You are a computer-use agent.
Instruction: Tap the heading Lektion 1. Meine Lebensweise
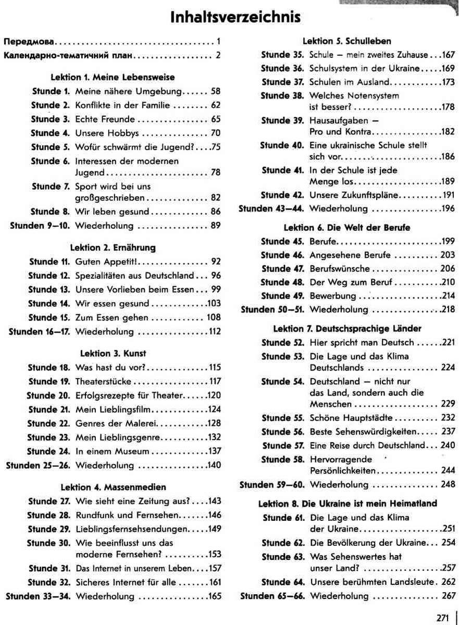pos(113,77)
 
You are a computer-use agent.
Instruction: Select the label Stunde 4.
pos(50,132)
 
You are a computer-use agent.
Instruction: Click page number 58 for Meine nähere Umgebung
pos(216,91)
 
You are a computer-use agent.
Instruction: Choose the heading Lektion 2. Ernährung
pos(113,247)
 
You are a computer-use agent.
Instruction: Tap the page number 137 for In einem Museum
pos(214,451)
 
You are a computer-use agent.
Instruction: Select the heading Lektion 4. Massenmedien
pos(113,487)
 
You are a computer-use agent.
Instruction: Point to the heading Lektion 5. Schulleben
pos(346,41)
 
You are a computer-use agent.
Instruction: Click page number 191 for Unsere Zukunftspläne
pos(448,195)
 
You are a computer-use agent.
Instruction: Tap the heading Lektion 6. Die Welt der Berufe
pos(346,228)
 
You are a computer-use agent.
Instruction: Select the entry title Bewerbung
pos(332,296)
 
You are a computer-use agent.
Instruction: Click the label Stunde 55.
pos(282,418)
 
